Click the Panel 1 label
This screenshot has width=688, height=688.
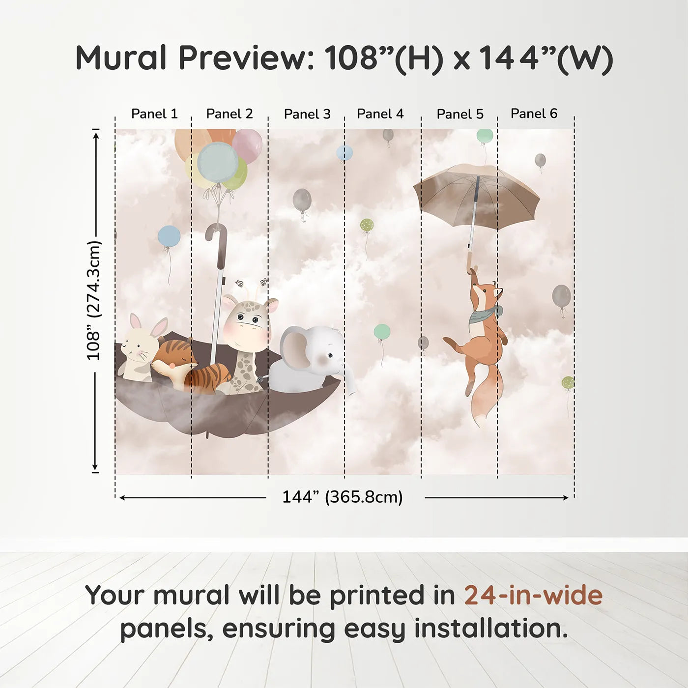154,114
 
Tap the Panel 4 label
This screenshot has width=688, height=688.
380,114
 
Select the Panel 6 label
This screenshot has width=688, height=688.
534,114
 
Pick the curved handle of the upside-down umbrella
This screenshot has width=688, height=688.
216,236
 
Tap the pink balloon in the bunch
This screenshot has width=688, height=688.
247,145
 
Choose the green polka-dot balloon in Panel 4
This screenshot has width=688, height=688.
367,225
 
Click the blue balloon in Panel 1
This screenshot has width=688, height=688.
169,236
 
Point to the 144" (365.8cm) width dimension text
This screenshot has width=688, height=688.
343,497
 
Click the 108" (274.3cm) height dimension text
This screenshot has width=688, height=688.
94,300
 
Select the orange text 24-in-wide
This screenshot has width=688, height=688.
533,595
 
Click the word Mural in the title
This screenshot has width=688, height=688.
121,58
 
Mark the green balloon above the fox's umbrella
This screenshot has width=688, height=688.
485,136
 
